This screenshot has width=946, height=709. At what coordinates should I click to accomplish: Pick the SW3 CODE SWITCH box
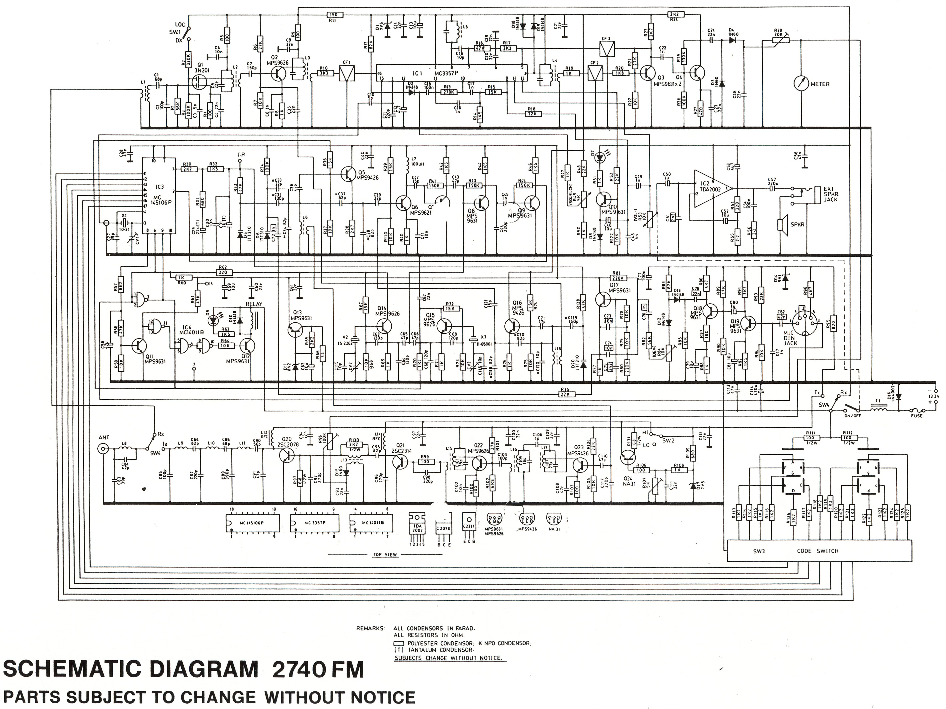pyautogui.click(x=819, y=551)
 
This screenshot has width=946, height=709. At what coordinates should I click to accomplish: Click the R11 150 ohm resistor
pyautogui.click(x=334, y=15)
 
